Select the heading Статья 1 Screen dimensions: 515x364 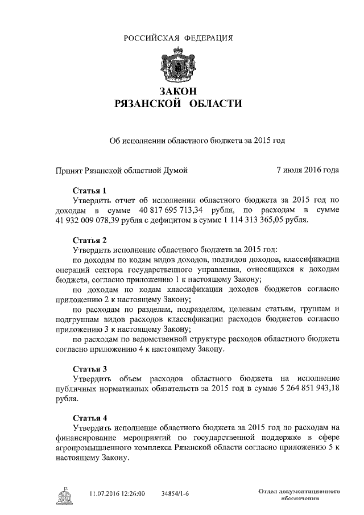point(90,190)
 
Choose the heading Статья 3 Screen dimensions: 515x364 point(90,368)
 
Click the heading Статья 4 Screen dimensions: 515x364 point(90,417)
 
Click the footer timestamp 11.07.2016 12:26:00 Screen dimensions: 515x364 point(117,493)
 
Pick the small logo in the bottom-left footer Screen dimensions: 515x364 point(66,493)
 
